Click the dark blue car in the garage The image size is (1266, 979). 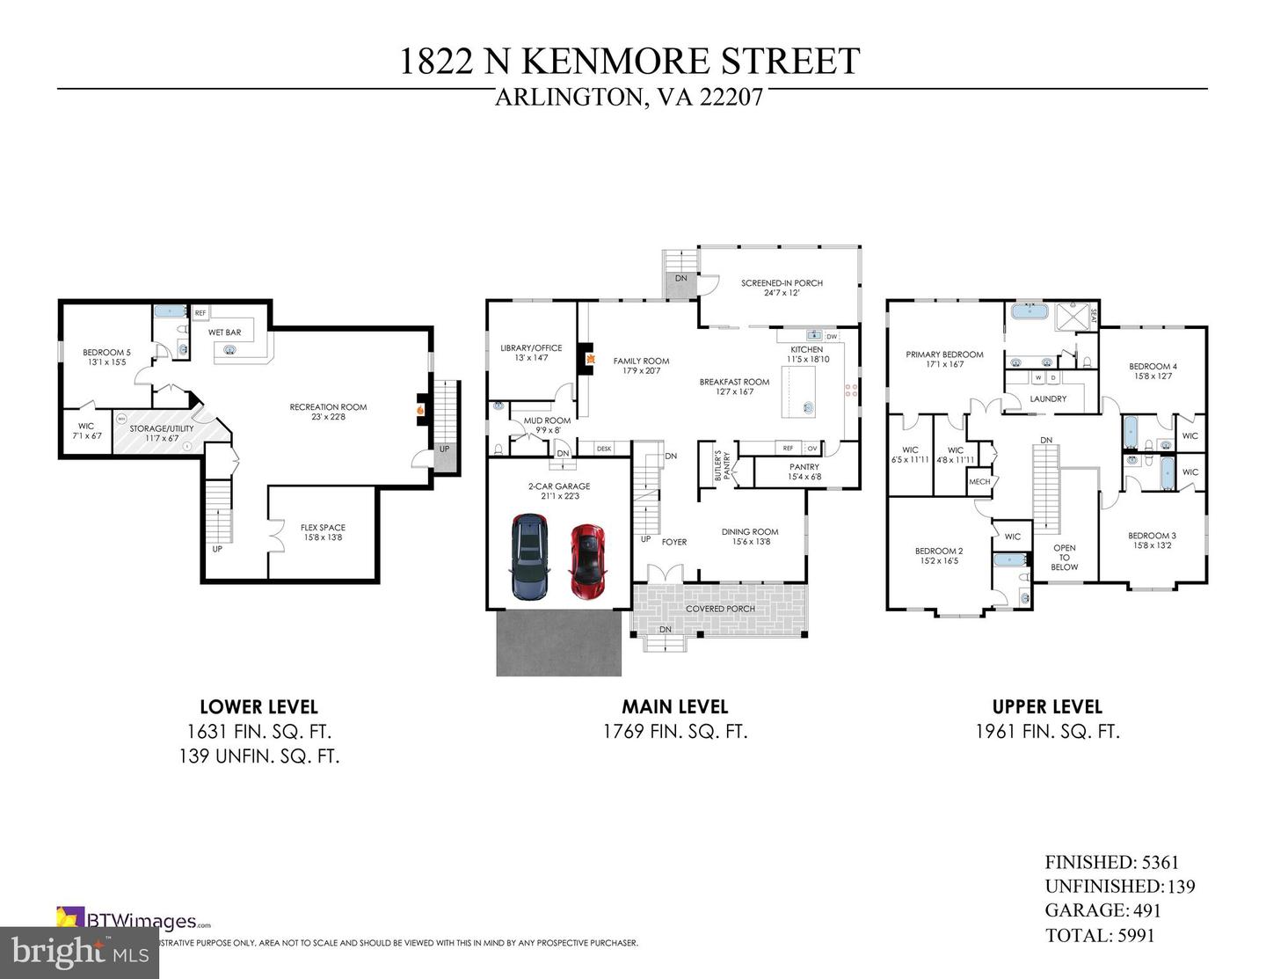(530, 558)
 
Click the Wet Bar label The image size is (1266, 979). (224, 332)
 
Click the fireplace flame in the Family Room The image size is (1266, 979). (592, 360)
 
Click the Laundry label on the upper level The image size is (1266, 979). (1048, 398)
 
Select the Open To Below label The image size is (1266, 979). (1064, 557)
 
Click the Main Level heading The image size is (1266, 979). (674, 706)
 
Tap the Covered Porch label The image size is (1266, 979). (720, 609)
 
